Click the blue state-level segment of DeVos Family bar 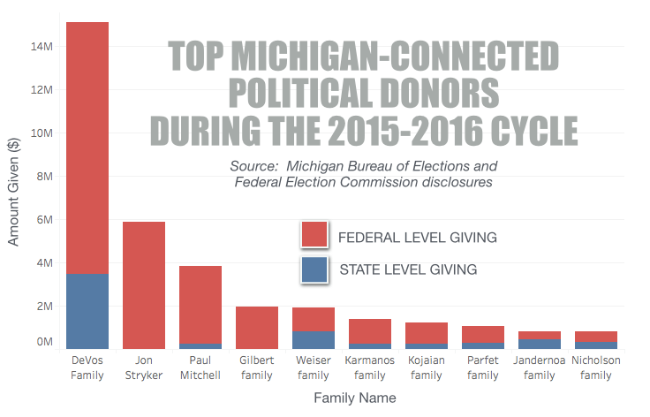tap(87, 311)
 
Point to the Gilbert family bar tap(257, 328)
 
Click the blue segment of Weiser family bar tap(314, 340)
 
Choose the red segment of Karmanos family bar tap(370, 331)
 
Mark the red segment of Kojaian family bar tap(427, 333)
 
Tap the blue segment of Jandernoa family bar tap(540, 344)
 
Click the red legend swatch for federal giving tap(314, 235)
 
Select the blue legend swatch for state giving tap(314, 269)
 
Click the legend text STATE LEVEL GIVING tap(408, 269)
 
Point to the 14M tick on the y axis tap(42, 47)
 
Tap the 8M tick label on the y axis tap(45, 177)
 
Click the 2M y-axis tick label tap(45, 307)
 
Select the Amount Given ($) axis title tap(14, 191)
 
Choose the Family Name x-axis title tap(355, 398)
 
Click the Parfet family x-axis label tap(483, 368)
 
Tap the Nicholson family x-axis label tap(596, 368)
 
